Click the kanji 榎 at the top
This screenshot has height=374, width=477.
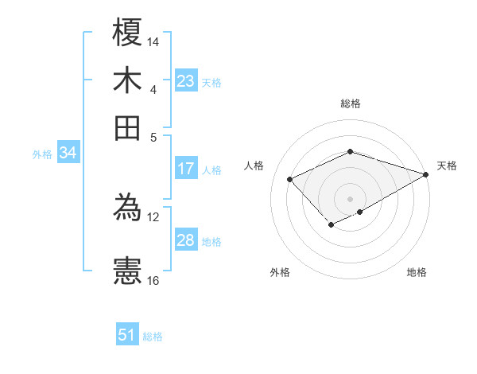[127, 33]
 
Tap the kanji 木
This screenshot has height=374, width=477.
[127, 80]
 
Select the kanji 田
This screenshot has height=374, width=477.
[127, 127]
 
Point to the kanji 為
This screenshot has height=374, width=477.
[127, 208]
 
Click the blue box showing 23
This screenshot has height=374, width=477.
[186, 81]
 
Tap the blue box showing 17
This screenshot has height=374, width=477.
[186, 169]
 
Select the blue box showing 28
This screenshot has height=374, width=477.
[186, 240]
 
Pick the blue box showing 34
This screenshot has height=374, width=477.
[68, 154]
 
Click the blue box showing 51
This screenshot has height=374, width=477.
[127, 335]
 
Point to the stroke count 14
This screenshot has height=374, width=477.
[153, 41]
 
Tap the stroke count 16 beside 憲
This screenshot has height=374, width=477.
[153, 280]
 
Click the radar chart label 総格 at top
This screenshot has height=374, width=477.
[351, 103]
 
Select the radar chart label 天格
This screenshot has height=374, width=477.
[447, 166]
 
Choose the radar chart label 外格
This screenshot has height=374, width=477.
[280, 272]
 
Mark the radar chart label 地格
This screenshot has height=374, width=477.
[417, 272]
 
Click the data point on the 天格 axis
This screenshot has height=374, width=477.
[426, 174]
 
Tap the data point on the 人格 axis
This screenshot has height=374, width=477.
[290, 179]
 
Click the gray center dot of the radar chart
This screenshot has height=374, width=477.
[351, 198]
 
